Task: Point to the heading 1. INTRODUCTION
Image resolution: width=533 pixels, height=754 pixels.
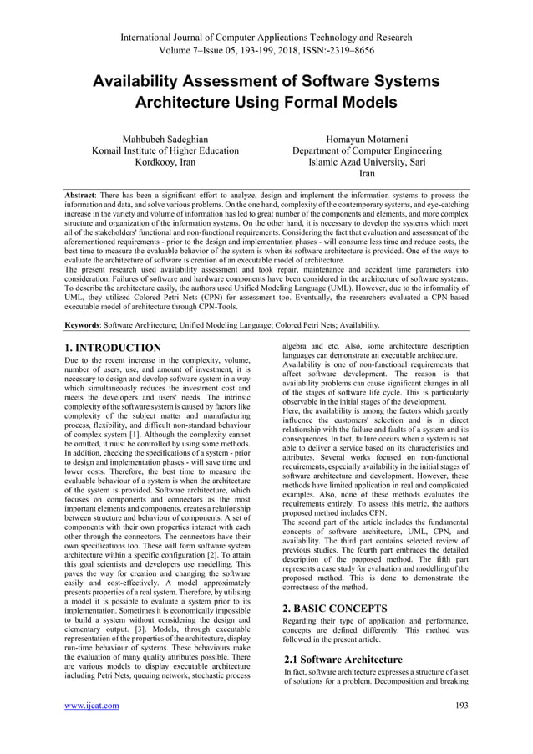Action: [113, 348]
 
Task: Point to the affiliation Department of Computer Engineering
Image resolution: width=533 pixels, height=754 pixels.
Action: [367, 151]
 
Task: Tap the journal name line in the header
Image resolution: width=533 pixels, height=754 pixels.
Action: [266, 37]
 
